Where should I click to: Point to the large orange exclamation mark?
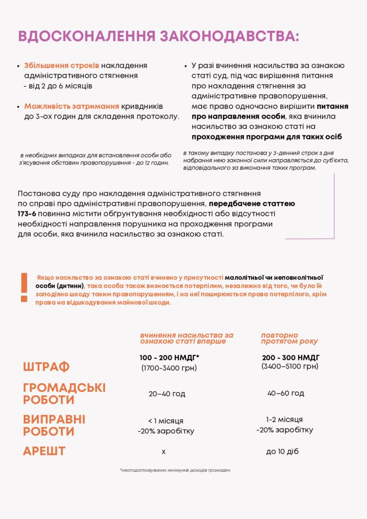coord(24,288)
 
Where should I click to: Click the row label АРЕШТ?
coord(44,451)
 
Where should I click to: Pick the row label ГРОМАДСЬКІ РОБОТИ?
coord(64,394)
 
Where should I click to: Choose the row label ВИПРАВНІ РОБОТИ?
coord(54,426)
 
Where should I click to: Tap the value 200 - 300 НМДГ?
coord(290,358)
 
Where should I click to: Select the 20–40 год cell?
coord(167,394)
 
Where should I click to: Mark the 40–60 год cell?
coord(285,393)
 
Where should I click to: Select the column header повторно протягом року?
coord(289,338)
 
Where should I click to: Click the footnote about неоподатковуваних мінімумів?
coord(175,471)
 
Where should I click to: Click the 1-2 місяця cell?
coord(284,420)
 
